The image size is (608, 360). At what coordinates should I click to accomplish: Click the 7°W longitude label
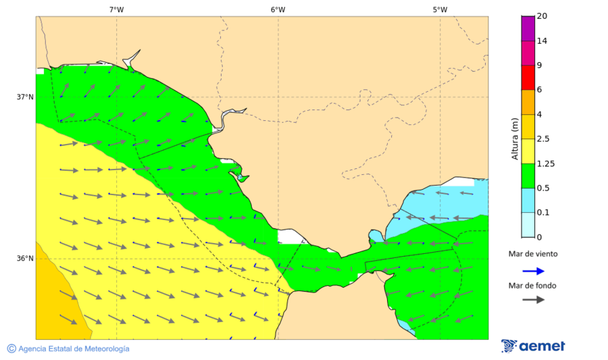(x=116, y=9)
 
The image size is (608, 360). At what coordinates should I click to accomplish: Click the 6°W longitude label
(x=278, y=9)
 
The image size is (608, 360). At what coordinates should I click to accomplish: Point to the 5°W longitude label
(x=440, y=9)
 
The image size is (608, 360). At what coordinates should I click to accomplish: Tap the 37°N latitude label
(x=25, y=97)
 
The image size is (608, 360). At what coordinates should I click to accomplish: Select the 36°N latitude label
(x=25, y=258)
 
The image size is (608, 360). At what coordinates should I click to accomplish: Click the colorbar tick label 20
(x=542, y=16)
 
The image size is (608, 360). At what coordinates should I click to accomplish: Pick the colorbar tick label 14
(x=542, y=41)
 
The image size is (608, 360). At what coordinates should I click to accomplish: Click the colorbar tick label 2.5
(x=542, y=139)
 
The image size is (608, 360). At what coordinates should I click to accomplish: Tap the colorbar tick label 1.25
(x=544, y=163)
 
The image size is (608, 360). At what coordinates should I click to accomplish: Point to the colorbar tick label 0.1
(x=542, y=213)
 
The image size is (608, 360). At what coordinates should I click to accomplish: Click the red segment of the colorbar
(x=528, y=78)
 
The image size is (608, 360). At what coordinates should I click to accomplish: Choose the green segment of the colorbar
(x=528, y=176)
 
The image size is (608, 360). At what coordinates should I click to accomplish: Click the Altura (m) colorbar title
(x=515, y=138)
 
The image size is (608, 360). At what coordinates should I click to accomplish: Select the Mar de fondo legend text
(x=533, y=285)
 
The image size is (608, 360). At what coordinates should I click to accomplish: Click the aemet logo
(x=533, y=346)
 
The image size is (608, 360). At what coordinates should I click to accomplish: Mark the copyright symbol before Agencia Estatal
(x=11, y=349)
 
